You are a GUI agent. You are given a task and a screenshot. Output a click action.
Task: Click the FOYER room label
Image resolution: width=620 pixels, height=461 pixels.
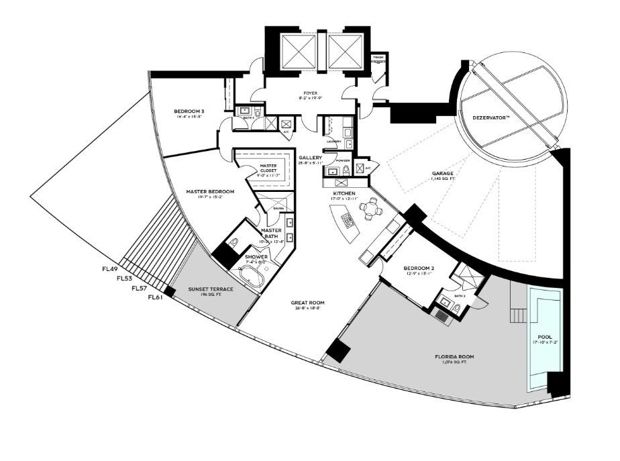click(x=310, y=93)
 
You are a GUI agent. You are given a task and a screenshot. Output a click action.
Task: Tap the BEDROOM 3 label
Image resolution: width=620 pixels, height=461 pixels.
click(x=189, y=111)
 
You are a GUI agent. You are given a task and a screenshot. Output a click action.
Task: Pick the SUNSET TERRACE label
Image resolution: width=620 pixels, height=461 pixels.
click(x=211, y=289)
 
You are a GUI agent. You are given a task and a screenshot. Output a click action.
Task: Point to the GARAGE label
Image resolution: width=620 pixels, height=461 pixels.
click(x=444, y=173)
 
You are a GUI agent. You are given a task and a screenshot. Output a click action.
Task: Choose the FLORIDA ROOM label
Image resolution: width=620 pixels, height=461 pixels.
click(x=454, y=356)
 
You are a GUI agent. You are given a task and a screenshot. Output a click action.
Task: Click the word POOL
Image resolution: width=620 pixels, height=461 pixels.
click(x=544, y=338)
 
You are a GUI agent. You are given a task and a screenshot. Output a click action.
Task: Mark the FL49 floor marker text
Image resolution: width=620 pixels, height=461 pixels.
click(x=110, y=269)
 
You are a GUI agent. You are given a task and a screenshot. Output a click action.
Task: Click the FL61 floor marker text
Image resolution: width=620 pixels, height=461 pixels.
click(x=155, y=297)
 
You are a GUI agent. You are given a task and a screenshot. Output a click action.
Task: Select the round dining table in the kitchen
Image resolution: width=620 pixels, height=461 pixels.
click(x=369, y=209)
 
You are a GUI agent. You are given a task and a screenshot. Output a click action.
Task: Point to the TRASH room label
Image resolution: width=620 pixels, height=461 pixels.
click(x=378, y=58)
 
